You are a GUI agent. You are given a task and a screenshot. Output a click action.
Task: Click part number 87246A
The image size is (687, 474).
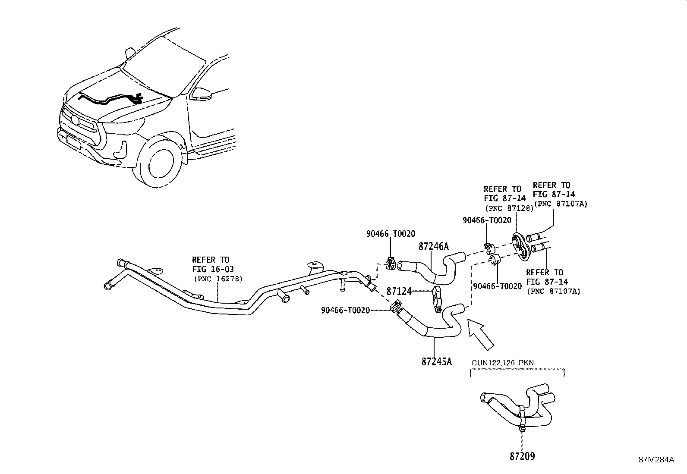pyautogui.click(x=434, y=246)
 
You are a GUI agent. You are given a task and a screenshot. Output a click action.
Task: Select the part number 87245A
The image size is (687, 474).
pyautogui.click(x=436, y=361)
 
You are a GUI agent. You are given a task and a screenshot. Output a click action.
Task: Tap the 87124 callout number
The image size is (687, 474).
pyautogui.click(x=398, y=292)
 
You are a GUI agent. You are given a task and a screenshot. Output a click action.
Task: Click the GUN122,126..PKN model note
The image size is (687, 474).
pyautogui.click(x=502, y=362)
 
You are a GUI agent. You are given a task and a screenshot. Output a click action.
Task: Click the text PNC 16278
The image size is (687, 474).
pyautogui.click(x=218, y=279)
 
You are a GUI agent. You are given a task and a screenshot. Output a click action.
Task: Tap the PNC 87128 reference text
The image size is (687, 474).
pyautogui.click(x=509, y=207)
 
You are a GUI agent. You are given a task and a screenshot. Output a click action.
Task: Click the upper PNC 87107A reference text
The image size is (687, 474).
pyautogui.click(x=561, y=204)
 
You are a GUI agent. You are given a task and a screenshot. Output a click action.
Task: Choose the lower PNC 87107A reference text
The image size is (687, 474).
pyautogui.click(x=553, y=291)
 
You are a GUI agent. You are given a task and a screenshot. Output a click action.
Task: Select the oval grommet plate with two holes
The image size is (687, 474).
pyautogui.click(x=520, y=246)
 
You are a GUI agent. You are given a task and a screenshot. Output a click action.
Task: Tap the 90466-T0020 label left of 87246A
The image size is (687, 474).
pyautogui.click(x=391, y=234)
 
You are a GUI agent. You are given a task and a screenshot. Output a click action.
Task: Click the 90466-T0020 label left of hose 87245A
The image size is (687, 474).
pyautogui.click(x=345, y=310)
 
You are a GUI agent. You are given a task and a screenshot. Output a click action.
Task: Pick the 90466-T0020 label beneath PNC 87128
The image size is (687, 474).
pyautogui.click(x=487, y=220)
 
